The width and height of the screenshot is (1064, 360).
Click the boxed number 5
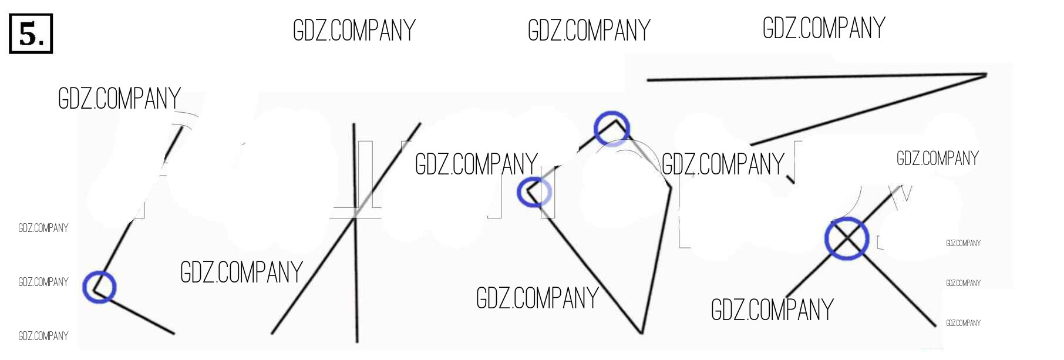click(31, 34)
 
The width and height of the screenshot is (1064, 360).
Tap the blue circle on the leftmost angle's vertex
click(99, 287)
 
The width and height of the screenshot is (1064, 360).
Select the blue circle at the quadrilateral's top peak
click(612, 127)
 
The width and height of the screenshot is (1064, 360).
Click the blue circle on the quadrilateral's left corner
click(534, 192)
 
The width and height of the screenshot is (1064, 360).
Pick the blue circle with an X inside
click(847, 238)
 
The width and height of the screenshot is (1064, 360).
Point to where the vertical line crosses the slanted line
click(355, 217)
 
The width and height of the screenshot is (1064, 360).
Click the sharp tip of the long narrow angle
click(986, 74)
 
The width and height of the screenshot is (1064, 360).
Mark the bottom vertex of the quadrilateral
click(642, 333)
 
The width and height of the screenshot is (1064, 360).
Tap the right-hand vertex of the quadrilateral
click(671, 188)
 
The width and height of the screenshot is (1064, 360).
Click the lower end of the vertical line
click(356, 342)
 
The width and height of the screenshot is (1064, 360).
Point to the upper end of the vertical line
click(354, 124)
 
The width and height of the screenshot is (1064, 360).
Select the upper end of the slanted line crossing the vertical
click(420, 123)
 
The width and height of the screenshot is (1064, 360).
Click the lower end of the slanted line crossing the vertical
click(271, 334)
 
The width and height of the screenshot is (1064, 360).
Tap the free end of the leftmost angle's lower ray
click(174, 334)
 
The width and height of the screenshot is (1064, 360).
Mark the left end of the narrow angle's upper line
click(647, 80)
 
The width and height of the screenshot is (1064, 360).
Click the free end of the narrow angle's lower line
click(751, 144)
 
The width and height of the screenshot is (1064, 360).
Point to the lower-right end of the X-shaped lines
click(936, 325)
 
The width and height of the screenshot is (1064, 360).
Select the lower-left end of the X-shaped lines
click(786, 297)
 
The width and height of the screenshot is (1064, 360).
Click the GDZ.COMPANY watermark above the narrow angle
click(824, 28)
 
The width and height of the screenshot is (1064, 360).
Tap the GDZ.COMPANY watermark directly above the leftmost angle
click(119, 99)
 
